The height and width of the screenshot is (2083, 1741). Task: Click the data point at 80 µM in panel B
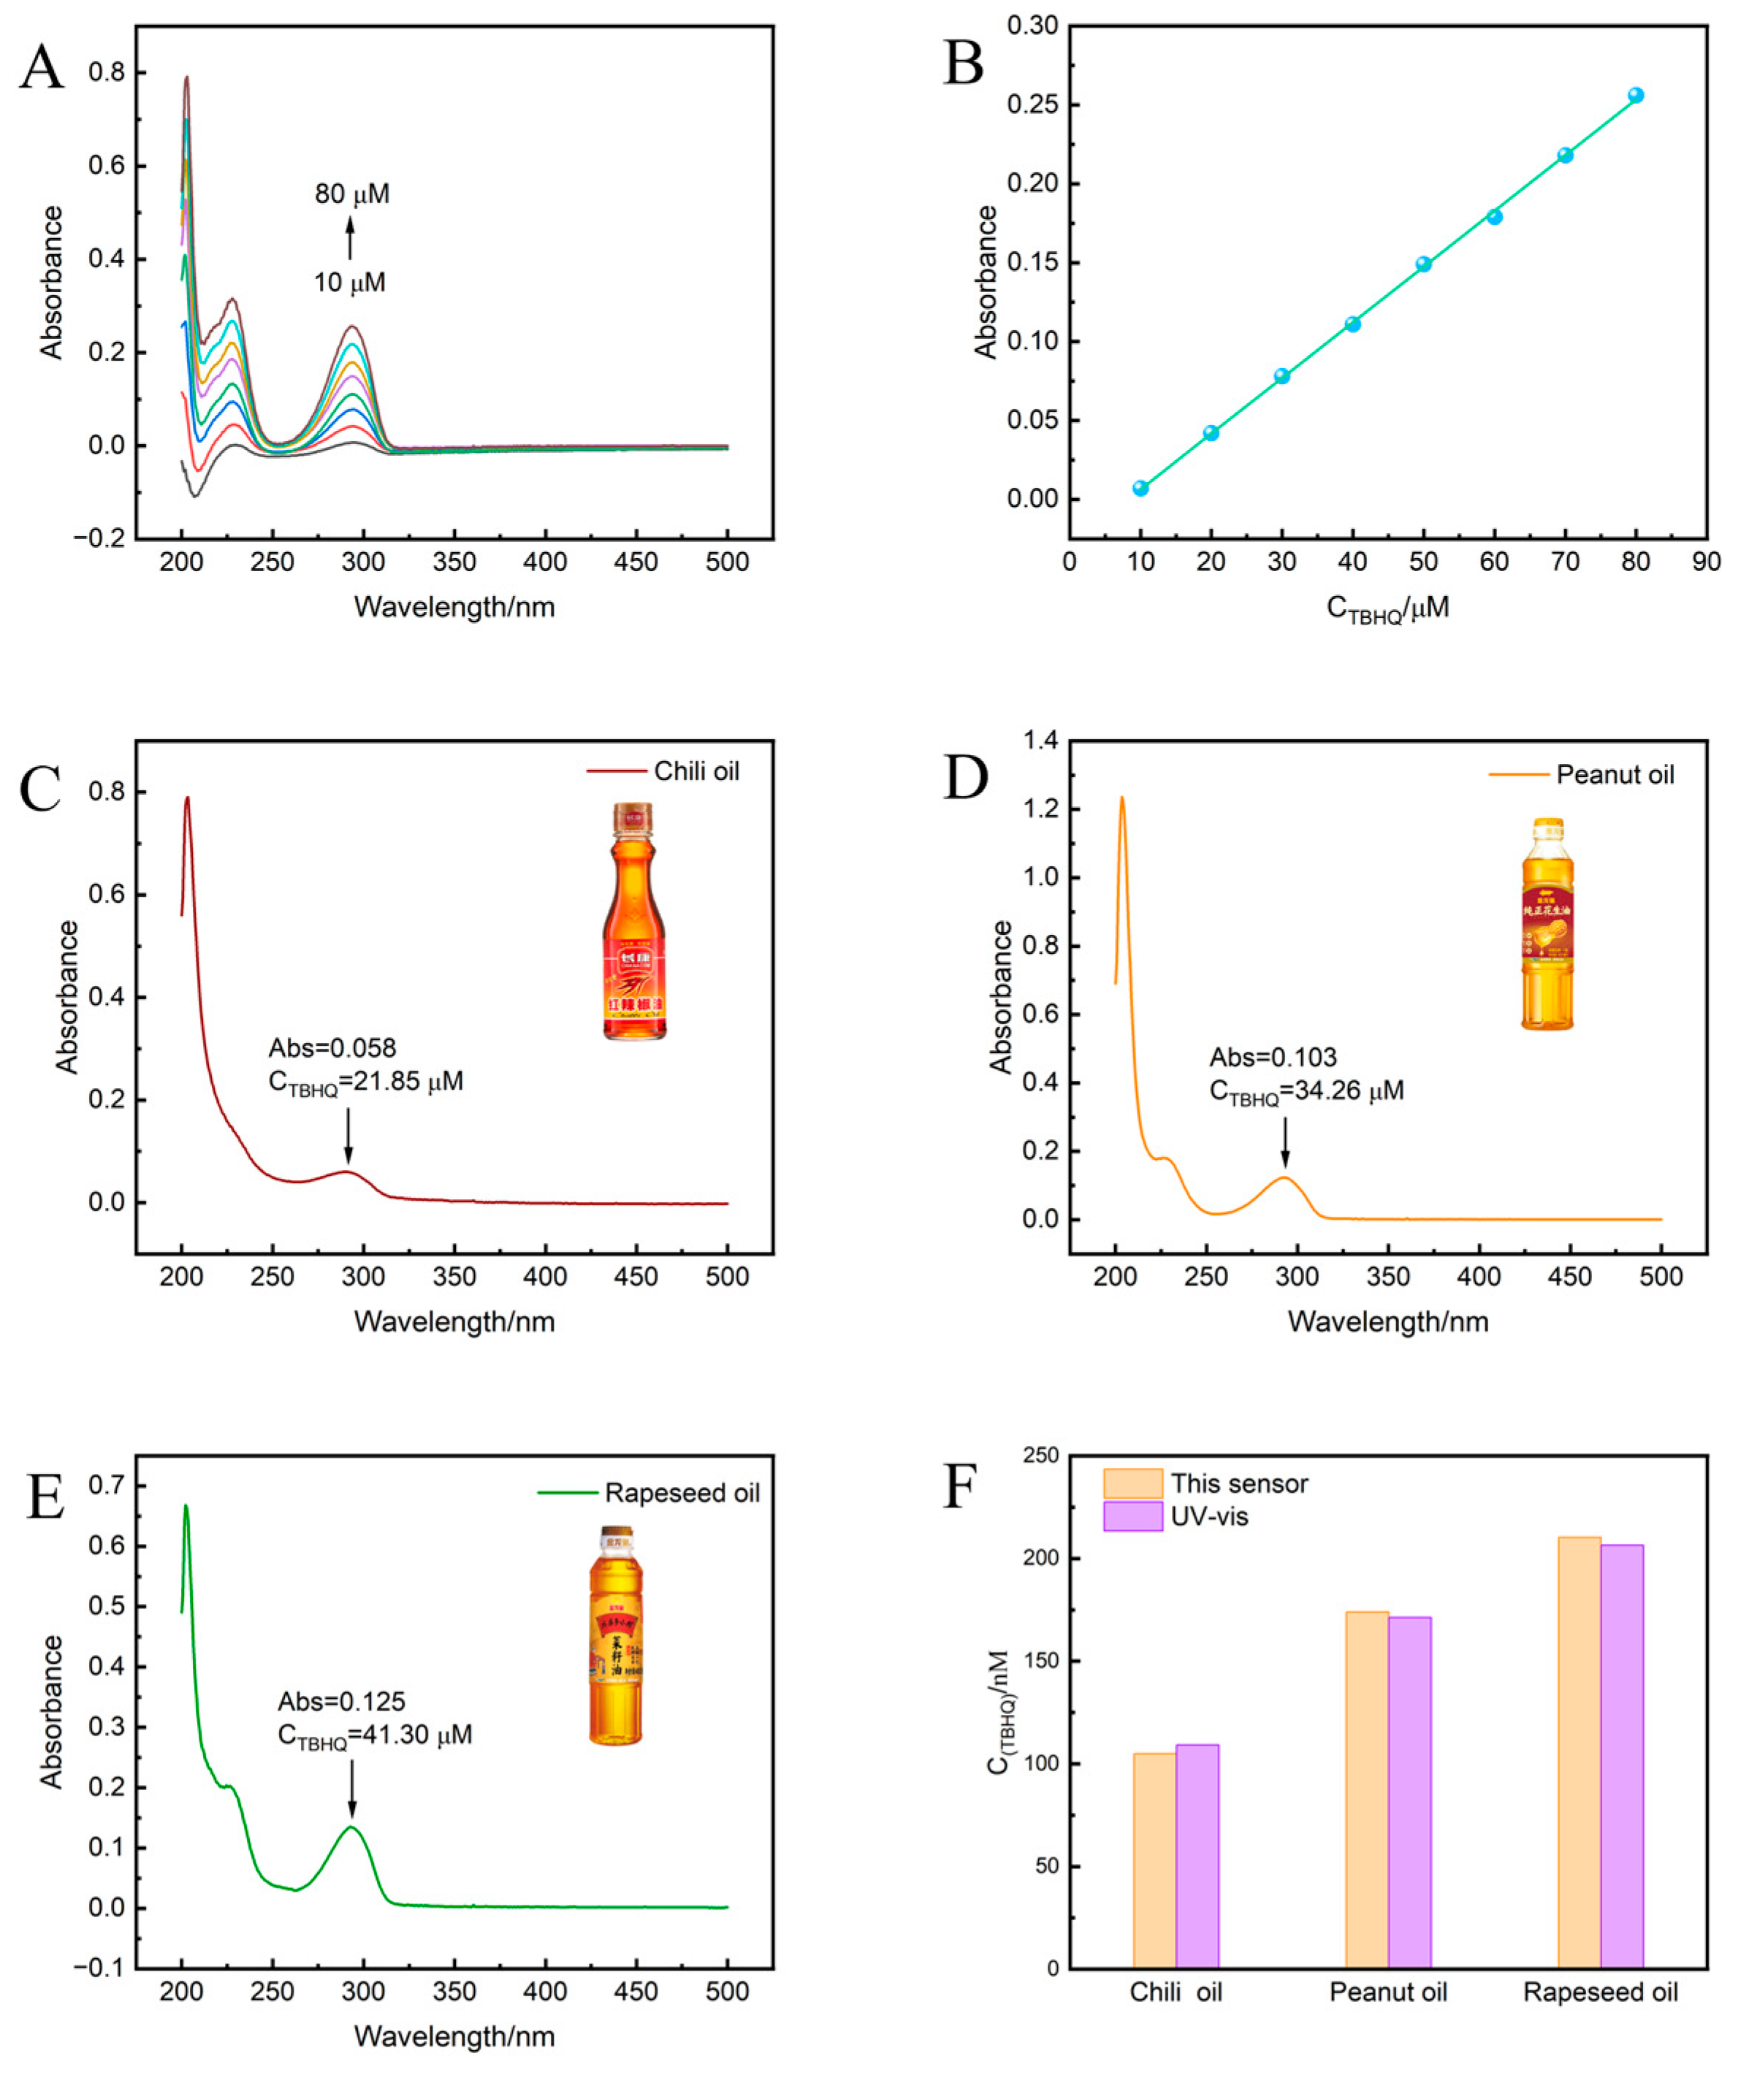(1636, 95)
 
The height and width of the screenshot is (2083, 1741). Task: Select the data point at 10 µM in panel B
(1141, 488)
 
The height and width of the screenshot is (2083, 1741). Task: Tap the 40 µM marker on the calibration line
(1352, 324)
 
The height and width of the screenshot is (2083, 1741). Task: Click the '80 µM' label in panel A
(352, 194)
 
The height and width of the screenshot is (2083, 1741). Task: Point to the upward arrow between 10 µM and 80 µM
(349, 239)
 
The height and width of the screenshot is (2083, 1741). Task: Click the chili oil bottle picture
(634, 922)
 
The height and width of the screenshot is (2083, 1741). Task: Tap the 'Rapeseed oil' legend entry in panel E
(682, 1493)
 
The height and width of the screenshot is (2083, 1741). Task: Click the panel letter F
(959, 1487)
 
